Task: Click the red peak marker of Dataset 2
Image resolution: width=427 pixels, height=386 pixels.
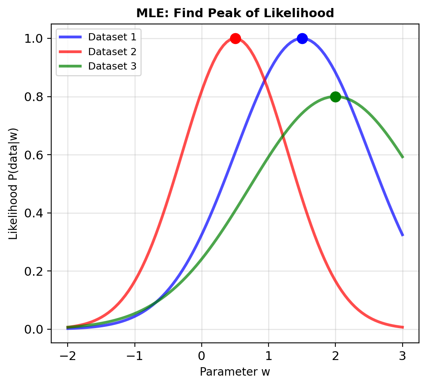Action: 235,38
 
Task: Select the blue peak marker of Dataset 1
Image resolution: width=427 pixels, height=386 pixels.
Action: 302,38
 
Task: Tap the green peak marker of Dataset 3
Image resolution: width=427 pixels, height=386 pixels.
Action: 335,97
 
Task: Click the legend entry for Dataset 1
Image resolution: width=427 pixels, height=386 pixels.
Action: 112,37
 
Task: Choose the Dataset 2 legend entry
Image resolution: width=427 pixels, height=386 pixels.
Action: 112,52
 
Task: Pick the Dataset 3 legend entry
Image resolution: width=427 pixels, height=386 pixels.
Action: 112,66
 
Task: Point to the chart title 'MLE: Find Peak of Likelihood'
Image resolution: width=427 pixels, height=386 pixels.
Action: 235,13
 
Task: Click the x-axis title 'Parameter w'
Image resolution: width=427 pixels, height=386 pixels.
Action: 235,372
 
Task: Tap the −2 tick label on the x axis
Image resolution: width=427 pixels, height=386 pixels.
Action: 68,356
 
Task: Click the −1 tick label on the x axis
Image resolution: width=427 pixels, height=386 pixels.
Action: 134,356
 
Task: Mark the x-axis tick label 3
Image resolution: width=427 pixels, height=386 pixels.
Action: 403,356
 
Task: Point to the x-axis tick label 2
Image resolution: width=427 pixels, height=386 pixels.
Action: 335,356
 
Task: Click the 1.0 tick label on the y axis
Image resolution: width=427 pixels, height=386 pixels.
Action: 35,39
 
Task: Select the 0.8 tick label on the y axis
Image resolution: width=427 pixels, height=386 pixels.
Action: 35,97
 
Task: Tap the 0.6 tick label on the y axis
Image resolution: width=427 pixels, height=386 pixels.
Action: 35,155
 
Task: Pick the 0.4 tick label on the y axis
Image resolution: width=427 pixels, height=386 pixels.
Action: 35,213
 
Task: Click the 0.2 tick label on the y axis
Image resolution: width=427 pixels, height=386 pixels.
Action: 35,272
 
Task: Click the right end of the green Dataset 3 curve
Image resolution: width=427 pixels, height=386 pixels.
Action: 403,157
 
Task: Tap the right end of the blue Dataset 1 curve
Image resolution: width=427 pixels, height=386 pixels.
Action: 403,235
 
